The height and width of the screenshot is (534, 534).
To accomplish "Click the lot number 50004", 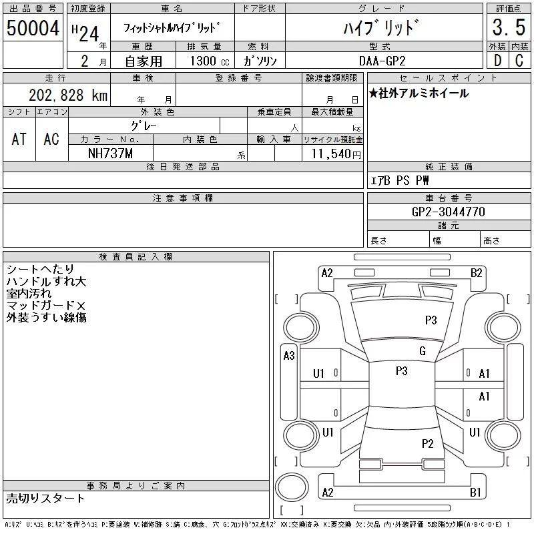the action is (x=33, y=28).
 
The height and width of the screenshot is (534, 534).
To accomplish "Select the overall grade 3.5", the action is (x=509, y=27).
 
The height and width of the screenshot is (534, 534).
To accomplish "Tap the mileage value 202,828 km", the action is (x=68, y=95).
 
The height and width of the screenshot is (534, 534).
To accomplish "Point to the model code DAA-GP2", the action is (x=382, y=61).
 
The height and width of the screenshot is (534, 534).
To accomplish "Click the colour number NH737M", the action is (x=110, y=154).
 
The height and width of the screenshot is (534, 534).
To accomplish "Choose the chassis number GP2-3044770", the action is (x=448, y=212).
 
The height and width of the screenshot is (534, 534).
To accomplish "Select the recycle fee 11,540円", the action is (x=336, y=154).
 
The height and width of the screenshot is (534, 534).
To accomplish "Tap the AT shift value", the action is (x=19, y=139).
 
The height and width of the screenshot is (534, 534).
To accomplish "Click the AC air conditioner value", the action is (x=51, y=139).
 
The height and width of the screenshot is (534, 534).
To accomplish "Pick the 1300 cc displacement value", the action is (x=210, y=61).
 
